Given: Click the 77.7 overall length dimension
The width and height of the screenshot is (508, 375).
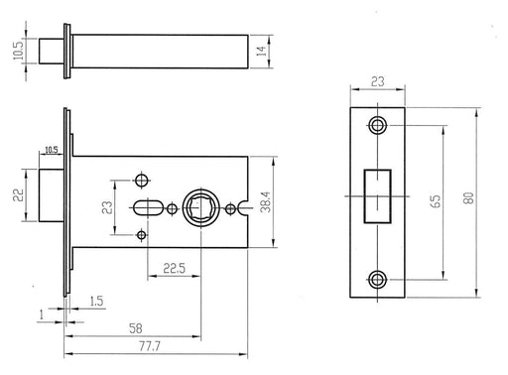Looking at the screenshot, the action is coord(150,346).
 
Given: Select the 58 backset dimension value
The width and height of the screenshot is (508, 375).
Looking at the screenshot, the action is coord(136,328).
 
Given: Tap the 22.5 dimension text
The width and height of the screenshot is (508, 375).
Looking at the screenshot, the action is coord(175,268).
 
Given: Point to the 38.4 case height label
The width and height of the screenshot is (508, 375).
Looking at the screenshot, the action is coord(266,202).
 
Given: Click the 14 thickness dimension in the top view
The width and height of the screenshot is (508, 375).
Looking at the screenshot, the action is coord(261,52).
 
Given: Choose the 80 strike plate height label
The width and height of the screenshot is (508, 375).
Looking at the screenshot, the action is coord(469,197).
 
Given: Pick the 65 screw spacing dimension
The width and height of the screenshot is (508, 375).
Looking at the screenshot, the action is coord(437,201).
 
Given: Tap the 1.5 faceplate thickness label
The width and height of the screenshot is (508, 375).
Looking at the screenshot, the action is coord(96,302).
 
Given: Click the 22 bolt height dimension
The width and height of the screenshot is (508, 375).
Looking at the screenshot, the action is coord(19,194).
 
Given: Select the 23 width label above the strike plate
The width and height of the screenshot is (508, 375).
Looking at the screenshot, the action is coord(378,81).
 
